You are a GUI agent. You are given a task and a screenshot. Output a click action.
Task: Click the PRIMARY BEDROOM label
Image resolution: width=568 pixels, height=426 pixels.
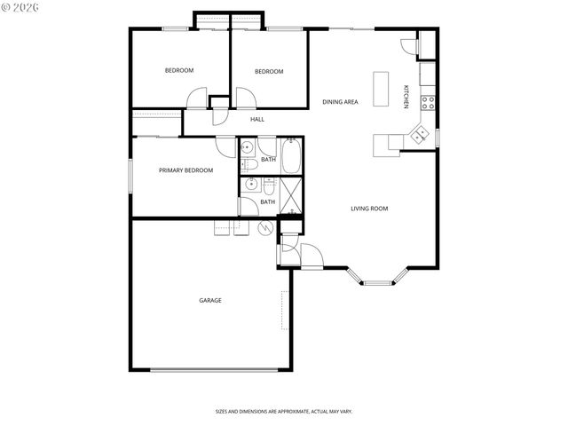[185, 170]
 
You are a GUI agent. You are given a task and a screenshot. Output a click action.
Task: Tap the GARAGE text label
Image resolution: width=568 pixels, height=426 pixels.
[210, 300]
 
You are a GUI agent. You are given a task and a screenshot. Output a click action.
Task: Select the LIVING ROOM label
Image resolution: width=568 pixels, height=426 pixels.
[369, 209]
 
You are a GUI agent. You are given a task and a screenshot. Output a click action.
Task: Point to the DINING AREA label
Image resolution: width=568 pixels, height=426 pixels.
[340, 102]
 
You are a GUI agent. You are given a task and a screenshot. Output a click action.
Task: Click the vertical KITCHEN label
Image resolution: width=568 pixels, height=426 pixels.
[406, 97]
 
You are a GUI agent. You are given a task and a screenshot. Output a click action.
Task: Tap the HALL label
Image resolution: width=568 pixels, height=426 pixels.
[257, 119]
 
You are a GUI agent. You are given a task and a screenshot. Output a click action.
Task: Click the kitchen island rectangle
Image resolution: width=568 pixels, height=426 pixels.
[383, 90]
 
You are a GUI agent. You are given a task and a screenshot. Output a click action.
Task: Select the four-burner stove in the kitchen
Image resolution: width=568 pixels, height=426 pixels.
[428, 101]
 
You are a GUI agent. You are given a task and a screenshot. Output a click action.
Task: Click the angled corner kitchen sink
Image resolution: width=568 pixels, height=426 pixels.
[417, 135]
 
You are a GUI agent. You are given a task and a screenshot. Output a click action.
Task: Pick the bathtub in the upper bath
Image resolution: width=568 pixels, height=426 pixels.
[292, 155]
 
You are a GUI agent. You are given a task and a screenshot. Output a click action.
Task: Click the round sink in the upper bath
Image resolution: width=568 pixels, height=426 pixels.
[248, 146]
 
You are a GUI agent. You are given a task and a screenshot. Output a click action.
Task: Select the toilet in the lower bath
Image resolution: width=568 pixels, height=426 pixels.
[268, 185]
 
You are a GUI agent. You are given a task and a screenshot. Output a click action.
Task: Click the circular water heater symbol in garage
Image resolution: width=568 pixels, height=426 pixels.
[264, 228]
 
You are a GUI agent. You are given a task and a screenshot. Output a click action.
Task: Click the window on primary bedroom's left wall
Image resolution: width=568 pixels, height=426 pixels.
[130, 174]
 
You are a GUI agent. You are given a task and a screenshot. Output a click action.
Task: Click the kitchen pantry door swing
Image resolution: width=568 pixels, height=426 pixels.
[408, 47]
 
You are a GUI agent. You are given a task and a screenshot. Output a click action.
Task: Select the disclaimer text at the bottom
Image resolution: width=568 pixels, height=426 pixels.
[283, 411]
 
